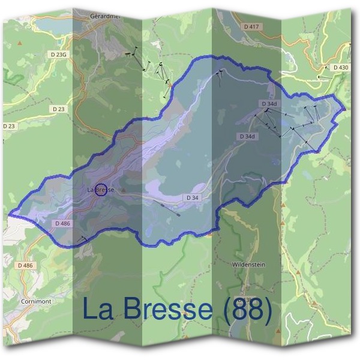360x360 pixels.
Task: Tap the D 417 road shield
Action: pos(252,27)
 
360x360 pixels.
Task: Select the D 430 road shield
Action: pos(340,67)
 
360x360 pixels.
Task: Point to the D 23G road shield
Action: pos(59,54)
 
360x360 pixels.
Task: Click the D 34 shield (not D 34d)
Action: pos(192,197)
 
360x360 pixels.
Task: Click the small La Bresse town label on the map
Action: pos(100,190)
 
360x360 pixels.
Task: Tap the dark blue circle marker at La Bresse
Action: pos(101,190)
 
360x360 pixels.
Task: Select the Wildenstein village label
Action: pos(248,264)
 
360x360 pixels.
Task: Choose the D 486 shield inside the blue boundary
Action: pos(62,223)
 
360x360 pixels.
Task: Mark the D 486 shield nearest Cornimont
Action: pos(25,265)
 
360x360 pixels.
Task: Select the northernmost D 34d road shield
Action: pos(269,104)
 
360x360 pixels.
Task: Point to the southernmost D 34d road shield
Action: pos(247,137)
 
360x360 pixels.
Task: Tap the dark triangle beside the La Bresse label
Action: pos(123,190)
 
